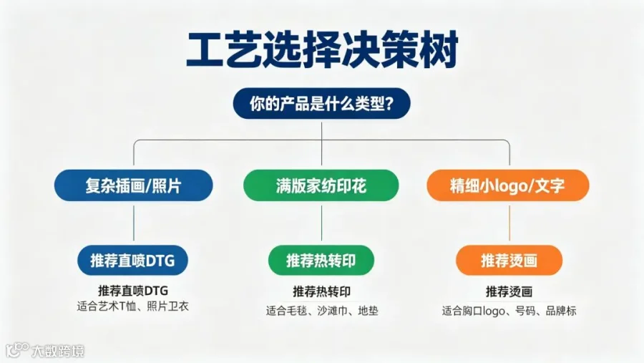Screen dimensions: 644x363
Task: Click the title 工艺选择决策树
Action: click(322, 50)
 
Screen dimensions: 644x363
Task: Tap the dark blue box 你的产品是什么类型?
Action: click(321, 103)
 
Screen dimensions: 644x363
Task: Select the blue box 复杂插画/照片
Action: click(134, 185)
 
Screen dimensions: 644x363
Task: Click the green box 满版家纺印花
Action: click(321, 186)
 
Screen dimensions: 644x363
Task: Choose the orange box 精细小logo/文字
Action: click(508, 185)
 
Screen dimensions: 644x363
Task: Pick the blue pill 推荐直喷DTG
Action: click(132, 260)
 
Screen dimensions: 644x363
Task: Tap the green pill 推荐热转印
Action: click(321, 260)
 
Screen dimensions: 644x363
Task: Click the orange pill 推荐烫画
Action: click(509, 260)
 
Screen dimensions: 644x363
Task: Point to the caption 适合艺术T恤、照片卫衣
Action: click(132, 306)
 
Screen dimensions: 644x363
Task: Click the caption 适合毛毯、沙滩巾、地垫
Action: click(321, 311)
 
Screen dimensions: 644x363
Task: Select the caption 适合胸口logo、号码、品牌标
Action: click(509, 311)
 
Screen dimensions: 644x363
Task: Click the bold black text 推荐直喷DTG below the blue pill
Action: click(133, 291)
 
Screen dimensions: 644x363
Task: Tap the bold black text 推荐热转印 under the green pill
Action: click(321, 291)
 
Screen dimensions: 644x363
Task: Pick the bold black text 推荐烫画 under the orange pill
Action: click(509, 291)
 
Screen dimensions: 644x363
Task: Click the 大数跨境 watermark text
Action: click(58, 351)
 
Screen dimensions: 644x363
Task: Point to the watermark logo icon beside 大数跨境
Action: click(17, 349)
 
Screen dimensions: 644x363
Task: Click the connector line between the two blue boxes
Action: click(134, 223)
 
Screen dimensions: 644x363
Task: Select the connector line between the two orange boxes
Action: click(509, 223)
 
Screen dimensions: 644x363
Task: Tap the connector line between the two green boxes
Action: click(321, 223)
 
